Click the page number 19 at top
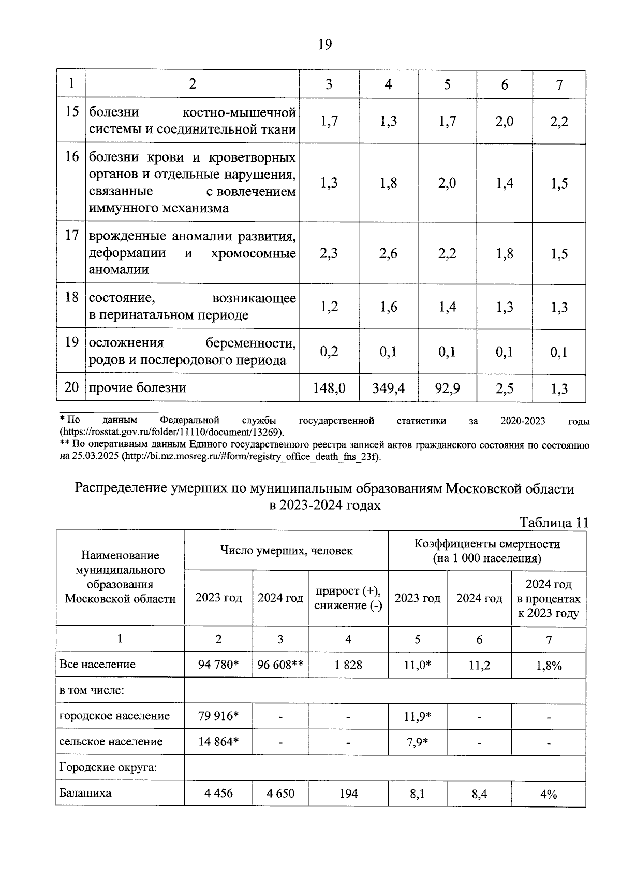pos(324,45)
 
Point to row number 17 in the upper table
pos(71,236)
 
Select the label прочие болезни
pos(138,388)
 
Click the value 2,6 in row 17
pos(388,254)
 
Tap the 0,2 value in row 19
pos(329,352)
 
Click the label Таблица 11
pos(554,523)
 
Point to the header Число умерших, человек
pos(286,551)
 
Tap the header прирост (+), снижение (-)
pos(348,598)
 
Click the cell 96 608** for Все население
pos(280,665)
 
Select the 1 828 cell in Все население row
pos(348,665)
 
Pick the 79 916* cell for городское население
pos(218,716)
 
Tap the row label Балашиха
pos(85,793)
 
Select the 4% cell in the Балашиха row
pos(549,794)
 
